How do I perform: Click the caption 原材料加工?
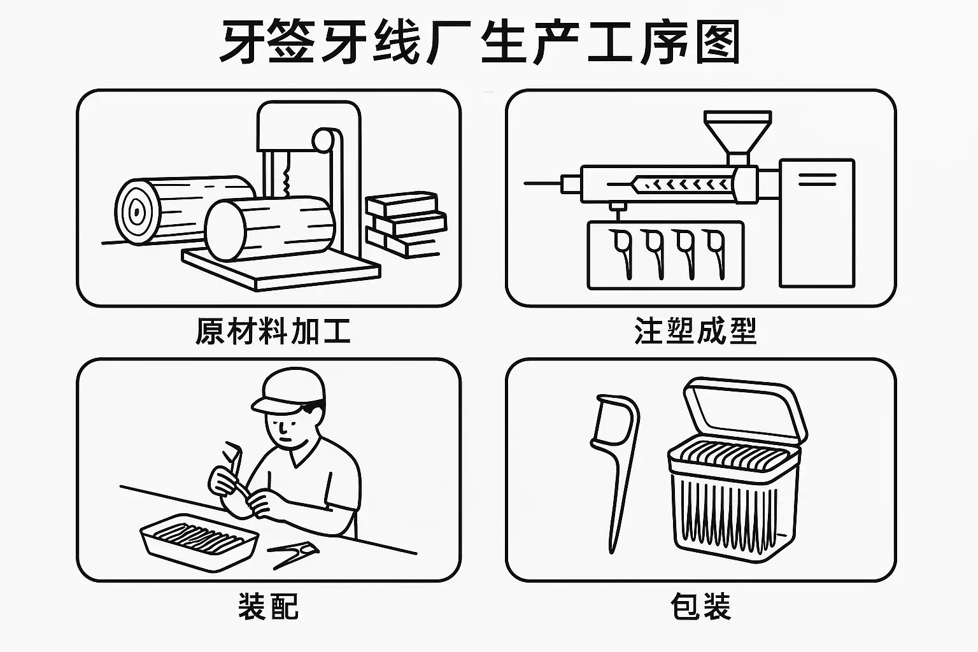pos(273,331)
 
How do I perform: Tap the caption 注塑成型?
pos(695,331)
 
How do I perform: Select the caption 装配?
pos(269,606)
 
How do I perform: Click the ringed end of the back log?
pos(137,212)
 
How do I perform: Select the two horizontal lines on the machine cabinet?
pos(818,180)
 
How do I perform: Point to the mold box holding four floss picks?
pos(665,255)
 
